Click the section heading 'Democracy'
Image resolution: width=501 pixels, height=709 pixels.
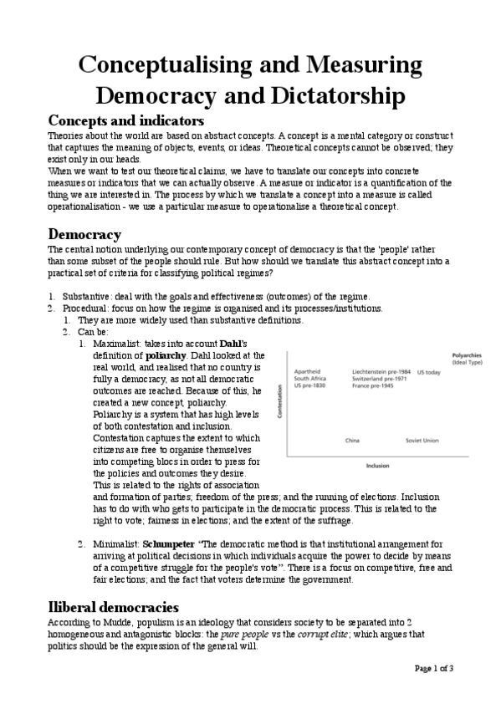click(x=84, y=233)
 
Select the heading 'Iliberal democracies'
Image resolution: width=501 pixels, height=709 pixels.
click(x=114, y=606)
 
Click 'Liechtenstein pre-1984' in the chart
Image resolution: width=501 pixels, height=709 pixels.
click(x=380, y=371)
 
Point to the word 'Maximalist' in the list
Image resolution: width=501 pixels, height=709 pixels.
click(x=115, y=344)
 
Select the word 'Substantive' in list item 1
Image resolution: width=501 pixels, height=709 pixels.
click(x=87, y=297)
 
